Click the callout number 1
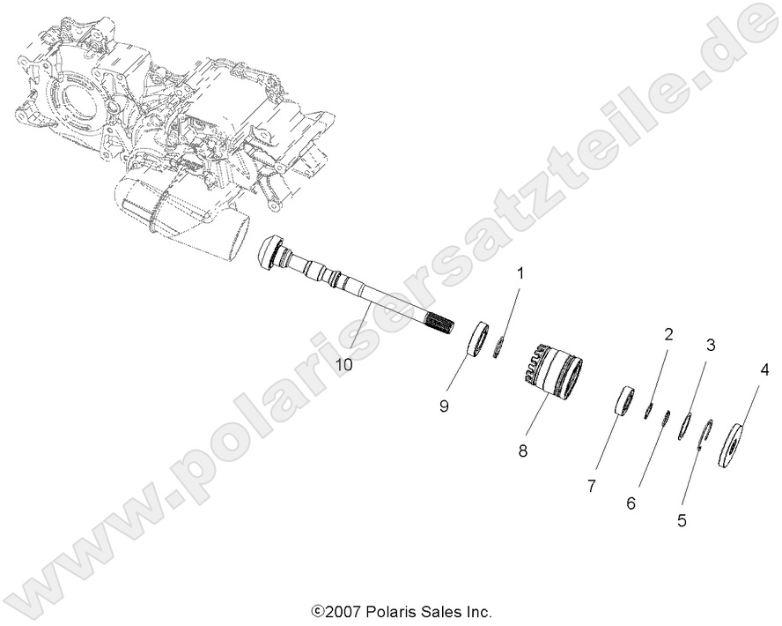pyautogui.click(x=519, y=273)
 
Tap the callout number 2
pyautogui.click(x=668, y=334)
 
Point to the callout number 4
pyautogui.click(x=764, y=370)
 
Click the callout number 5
pyautogui.click(x=682, y=520)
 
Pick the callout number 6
pyautogui.click(x=631, y=503)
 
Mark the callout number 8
pyautogui.click(x=523, y=450)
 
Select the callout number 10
pyautogui.click(x=343, y=362)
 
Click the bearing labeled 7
pyautogui.click(x=625, y=400)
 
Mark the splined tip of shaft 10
pyautogui.click(x=444, y=328)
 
